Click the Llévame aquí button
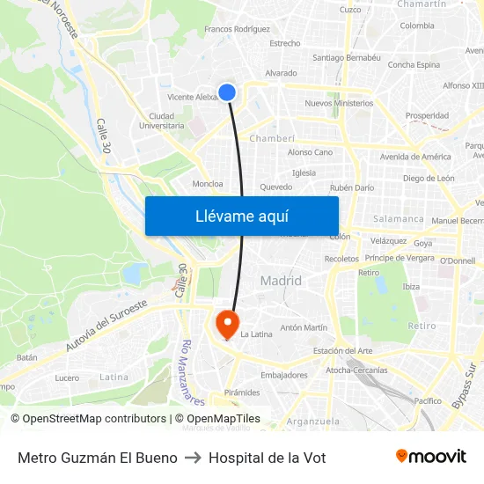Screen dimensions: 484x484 coord(241,216)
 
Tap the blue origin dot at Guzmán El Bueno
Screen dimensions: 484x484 coord(227,92)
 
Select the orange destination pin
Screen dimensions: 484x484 coord(227,322)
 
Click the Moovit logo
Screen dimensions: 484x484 coord(430,457)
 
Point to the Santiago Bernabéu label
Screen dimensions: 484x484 coord(346,57)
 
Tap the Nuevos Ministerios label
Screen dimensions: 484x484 coord(339,103)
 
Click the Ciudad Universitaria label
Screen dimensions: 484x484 coord(162,121)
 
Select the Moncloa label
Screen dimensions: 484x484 coord(207,184)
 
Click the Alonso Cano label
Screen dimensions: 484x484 coord(310,152)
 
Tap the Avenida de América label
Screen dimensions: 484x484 coord(415,157)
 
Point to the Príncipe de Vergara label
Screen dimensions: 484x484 coord(400,258)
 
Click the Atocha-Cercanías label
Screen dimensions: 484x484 coord(356,370)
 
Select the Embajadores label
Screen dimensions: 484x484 coord(284,375)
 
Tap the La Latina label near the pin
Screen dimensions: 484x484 coord(256,334)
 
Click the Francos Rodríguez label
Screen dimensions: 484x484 coord(237,29)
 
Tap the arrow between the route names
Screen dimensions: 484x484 coord(193,458)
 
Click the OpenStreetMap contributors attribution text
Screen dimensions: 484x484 coord(88,419)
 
